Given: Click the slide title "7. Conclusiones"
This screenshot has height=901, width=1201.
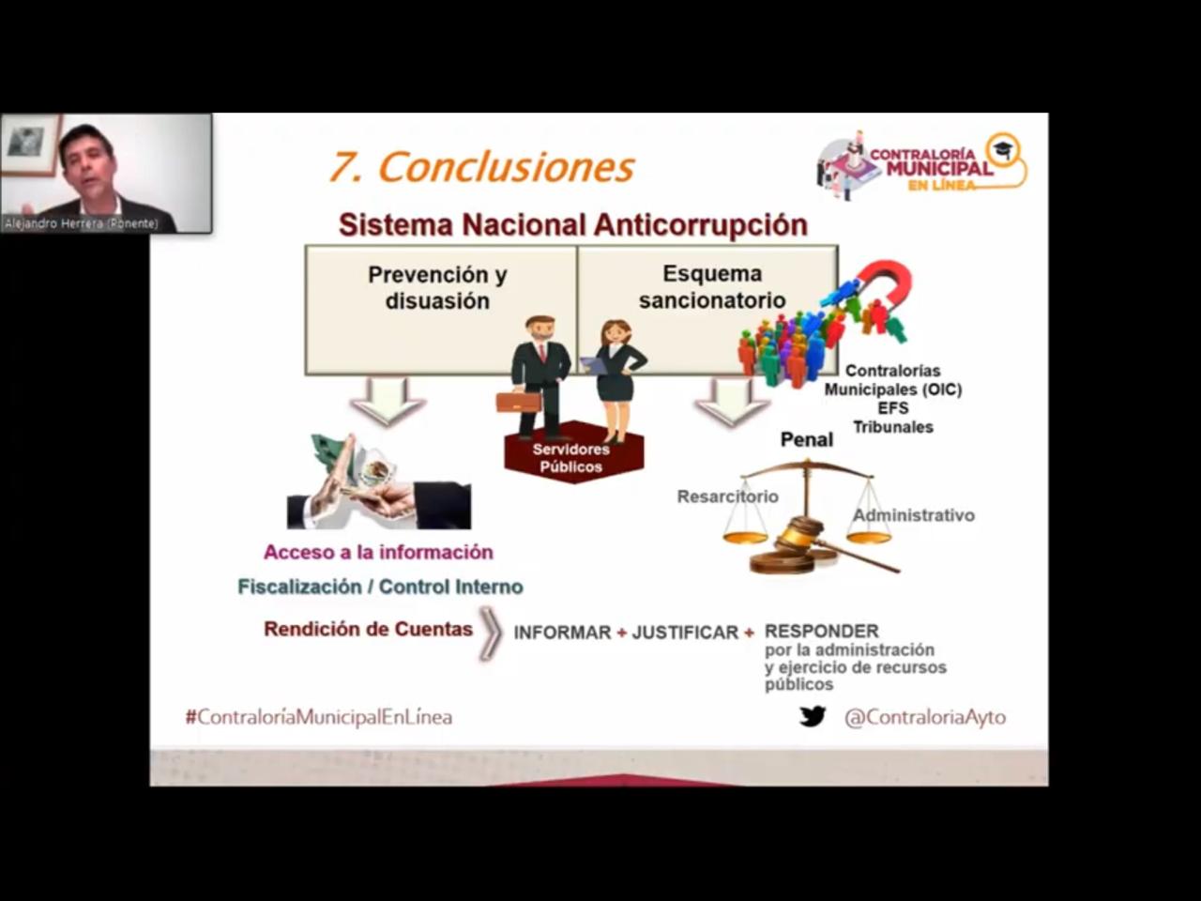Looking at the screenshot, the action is click(x=481, y=167).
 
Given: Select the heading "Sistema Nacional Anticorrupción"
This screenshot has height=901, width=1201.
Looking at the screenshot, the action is click(x=573, y=225).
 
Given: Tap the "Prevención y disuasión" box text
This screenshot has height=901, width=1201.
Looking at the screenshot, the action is click(x=438, y=288).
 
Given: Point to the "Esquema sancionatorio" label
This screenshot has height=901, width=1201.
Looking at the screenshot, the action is click(x=712, y=286).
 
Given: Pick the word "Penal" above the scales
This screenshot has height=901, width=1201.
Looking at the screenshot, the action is click(x=807, y=439).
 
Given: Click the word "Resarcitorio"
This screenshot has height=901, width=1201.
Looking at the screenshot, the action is click(x=728, y=496).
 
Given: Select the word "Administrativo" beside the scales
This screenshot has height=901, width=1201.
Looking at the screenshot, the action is click(x=914, y=514).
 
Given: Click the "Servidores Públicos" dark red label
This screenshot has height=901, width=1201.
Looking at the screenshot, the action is click(x=570, y=458).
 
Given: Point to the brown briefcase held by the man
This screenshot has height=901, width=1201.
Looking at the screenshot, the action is click(x=518, y=402).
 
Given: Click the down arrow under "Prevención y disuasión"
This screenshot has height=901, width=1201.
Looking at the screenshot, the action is click(x=388, y=402).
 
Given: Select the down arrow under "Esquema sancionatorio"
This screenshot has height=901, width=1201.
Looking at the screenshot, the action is click(x=732, y=402).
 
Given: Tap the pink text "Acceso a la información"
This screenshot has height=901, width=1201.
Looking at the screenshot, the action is click(x=379, y=552).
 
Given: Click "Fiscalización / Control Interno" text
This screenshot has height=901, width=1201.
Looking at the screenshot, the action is click(x=380, y=587).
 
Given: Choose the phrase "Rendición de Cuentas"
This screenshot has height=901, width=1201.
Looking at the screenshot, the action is click(x=368, y=629).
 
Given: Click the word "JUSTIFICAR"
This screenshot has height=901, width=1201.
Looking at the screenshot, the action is click(x=685, y=633).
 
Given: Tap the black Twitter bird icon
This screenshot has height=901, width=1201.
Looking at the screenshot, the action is click(x=813, y=716).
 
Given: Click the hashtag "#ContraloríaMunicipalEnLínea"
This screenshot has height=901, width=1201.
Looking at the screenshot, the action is click(x=319, y=717).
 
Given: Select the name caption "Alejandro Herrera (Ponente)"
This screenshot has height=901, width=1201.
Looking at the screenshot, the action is click(x=82, y=223).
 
